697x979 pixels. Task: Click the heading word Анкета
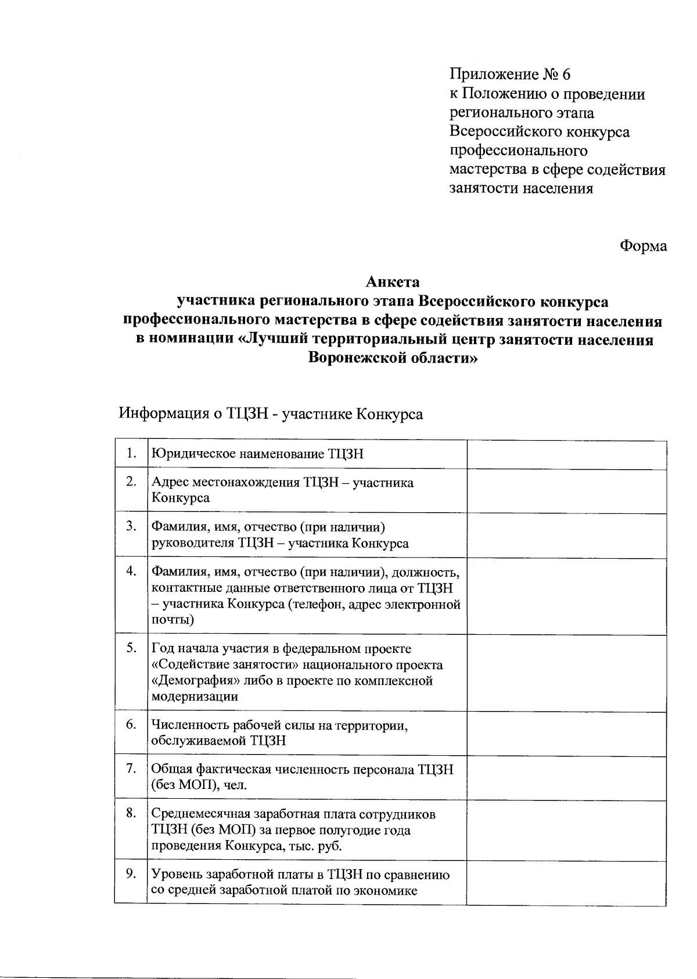[393, 283]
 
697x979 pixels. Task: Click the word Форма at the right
[643, 246]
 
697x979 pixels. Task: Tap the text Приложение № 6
[511, 74]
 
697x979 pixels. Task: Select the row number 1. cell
[131, 453]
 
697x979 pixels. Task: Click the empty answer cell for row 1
[566, 454]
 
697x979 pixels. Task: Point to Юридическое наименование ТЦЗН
[257, 454]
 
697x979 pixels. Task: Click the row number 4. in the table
[131, 571]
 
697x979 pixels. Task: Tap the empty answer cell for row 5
[566, 672]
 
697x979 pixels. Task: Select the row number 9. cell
[131, 874]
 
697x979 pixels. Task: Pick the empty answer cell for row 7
[566, 778]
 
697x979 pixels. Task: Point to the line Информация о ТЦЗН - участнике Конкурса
[271, 414]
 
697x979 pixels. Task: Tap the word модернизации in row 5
[195, 696]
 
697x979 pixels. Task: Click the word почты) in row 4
[173, 620]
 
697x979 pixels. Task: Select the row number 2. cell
[131, 481]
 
